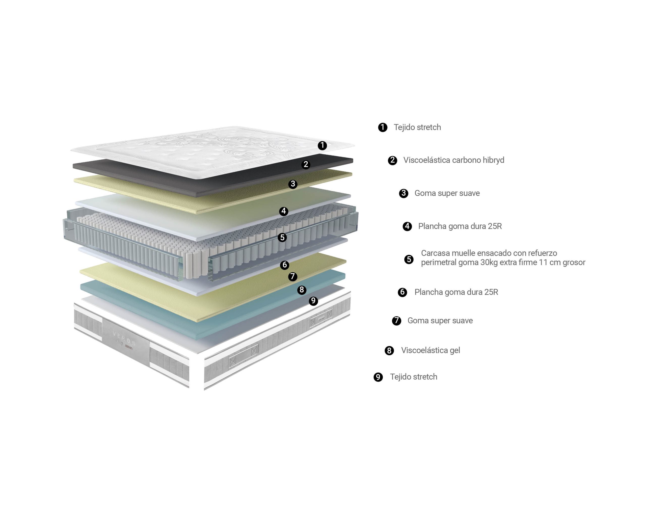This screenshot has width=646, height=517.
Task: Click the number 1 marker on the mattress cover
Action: pos(322,146)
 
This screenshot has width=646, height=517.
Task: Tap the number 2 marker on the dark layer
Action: pos(306,164)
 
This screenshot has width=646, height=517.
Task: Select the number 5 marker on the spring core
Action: pos(282,237)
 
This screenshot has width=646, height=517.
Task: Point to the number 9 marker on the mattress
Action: pos(313,301)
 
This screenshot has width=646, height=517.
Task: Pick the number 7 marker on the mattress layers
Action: pos(292,276)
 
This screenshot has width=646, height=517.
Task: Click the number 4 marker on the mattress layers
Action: pos(283,211)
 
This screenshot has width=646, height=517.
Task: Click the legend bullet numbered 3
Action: pos(403,193)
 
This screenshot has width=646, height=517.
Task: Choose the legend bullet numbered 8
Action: pos(389,350)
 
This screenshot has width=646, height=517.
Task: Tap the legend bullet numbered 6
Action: pos(402,292)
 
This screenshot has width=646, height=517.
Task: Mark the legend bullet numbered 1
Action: pos(383,127)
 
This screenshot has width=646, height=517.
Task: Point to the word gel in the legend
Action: pos(455,351)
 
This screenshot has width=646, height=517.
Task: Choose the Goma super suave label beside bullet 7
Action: pos(440,321)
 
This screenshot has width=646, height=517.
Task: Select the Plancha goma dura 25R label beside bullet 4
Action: pos(460,226)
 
